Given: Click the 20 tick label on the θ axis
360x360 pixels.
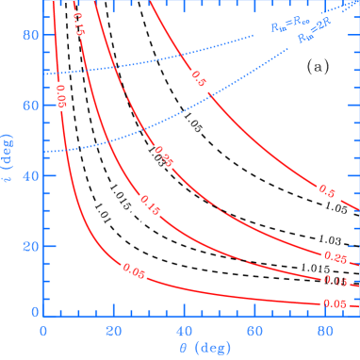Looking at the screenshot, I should [114, 331].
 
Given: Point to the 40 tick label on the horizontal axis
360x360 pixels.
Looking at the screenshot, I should [184, 331].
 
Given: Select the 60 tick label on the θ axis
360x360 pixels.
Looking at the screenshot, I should [254, 331].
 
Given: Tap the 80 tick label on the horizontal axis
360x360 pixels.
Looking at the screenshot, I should [324, 331].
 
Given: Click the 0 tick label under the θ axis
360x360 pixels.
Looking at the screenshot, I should [43, 331].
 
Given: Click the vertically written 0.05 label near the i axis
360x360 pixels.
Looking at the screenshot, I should [63, 103].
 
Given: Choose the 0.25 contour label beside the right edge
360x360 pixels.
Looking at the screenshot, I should [335, 256].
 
